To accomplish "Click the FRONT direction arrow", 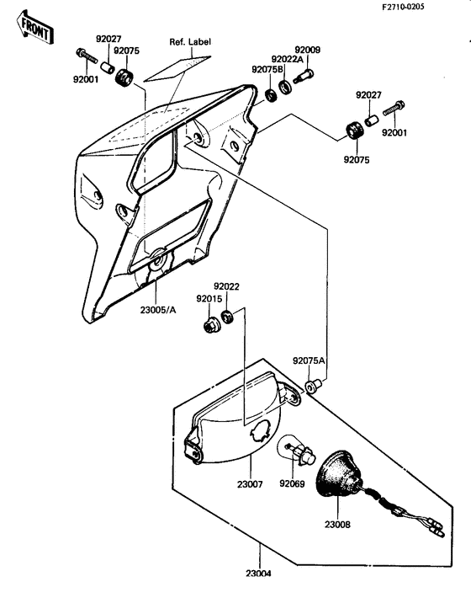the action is click(x=35, y=27).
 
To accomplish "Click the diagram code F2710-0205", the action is click(x=403, y=7).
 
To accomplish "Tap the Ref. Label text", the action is click(x=190, y=41).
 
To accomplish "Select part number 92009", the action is click(x=307, y=50).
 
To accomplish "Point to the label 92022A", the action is click(x=288, y=59).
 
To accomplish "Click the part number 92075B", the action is click(x=267, y=70).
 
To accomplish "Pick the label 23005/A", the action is click(x=158, y=310).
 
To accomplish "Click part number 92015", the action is click(x=209, y=298).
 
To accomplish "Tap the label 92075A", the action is click(x=309, y=360).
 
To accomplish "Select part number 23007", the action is click(x=250, y=484).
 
